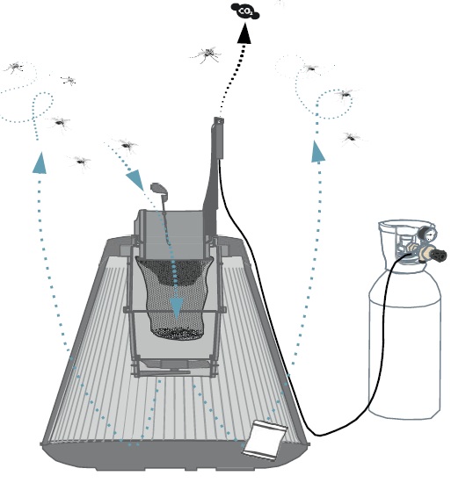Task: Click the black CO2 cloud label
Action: [x=245, y=11]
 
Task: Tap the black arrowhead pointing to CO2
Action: [x=244, y=33]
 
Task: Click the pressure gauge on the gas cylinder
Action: [x=428, y=234]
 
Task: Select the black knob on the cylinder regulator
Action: [x=438, y=255]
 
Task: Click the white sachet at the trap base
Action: [x=266, y=441]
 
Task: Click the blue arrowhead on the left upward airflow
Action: [x=40, y=162]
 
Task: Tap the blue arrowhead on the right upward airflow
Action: [x=317, y=151]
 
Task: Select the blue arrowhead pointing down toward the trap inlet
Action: [x=135, y=180]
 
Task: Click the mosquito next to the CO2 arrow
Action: [x=207, y=54]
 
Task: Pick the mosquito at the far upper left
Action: [x=13, y=67]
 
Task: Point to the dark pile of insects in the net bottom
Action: [x=178, y=334]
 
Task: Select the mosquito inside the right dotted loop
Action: [x=345, y=94]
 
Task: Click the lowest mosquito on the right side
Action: [x=352, y=138]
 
